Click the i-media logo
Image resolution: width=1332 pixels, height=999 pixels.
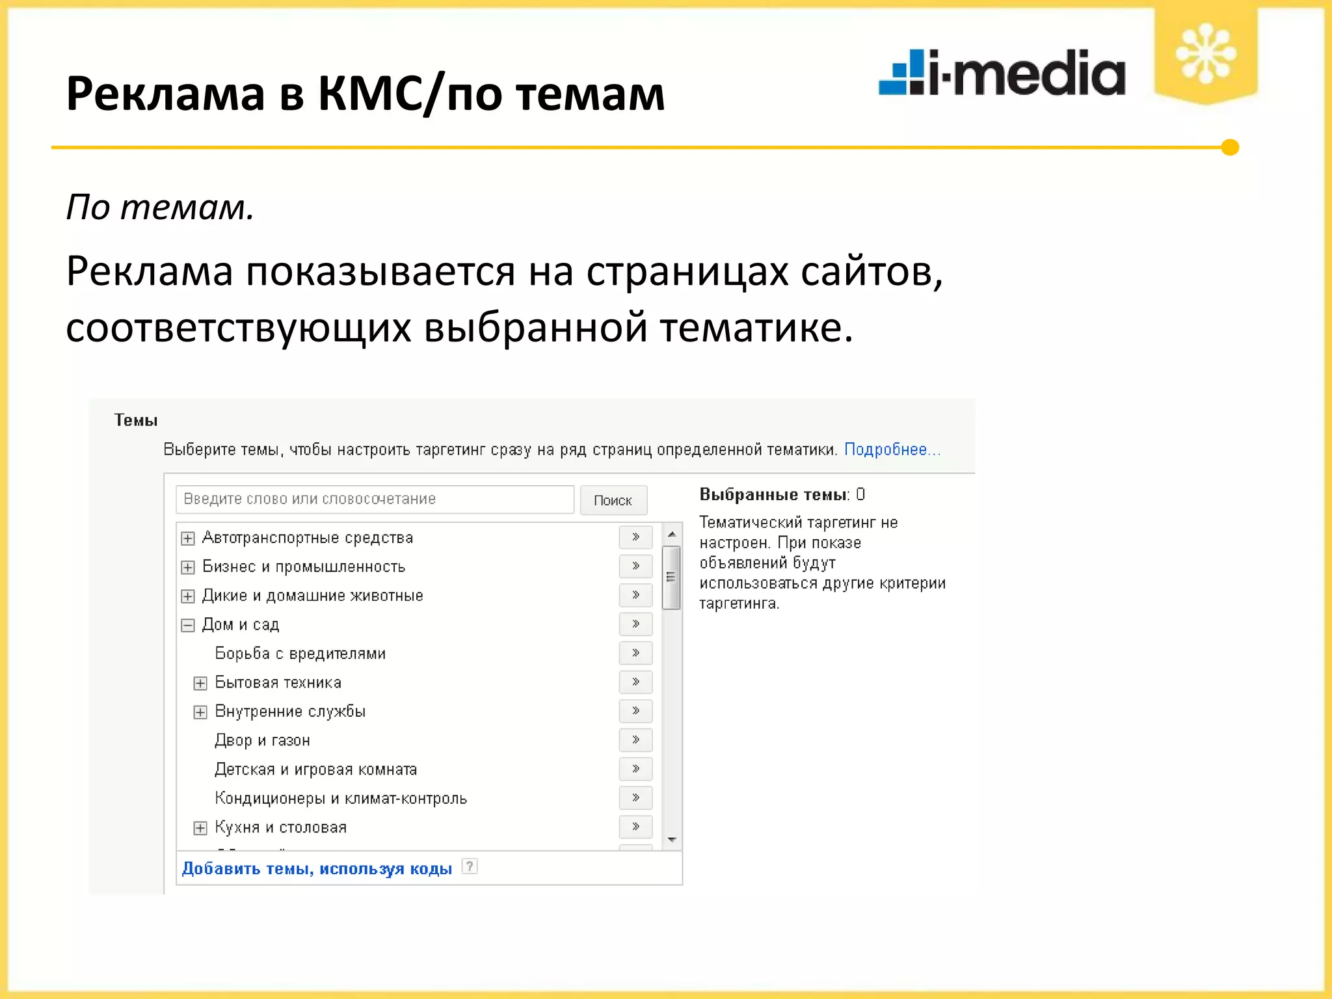pyautogui.click(x=1002, y=73)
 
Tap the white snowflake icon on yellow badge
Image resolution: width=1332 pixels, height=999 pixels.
pyautogui.click(x=1205, y=54)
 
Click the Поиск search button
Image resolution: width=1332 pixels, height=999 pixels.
pyautogui.click(x=613, y=500)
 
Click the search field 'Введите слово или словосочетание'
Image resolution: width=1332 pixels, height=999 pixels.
pyautogui.click(x=375, y=499)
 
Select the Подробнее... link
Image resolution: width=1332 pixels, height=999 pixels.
pyautogui.click(x=892, y=449)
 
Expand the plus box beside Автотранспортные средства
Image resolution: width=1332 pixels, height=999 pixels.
pyautogui.click(x=188, y=539)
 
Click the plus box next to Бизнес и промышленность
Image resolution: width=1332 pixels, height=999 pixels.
pyautogui.click(x=188, y=567)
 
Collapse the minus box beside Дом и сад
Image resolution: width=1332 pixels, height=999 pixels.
pyautogui.click(x=188, y=625)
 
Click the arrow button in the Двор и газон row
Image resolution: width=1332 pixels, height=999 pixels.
pyautogui.click(x=635, y=739)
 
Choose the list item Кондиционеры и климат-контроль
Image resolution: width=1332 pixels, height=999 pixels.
pyautogui.click(x=341, y=798)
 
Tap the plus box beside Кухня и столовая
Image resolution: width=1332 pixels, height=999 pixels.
pyautogui.click(x=200, y=827)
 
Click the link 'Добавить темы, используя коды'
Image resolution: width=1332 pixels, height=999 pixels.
pyautogui.click(x=317, y=869)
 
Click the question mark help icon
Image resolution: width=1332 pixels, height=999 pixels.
pyautogui.click(x=469, y=866)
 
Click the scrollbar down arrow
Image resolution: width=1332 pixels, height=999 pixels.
pyautogui.click(x=672, y=840)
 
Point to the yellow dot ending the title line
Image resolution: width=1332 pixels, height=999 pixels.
pyautogui.click(x=1230, y=148)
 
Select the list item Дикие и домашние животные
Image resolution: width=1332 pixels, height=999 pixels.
pyautogui.click(x=312, y=596)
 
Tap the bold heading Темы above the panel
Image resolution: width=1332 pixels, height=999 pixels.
pyautogui.click(x=136, y=420)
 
